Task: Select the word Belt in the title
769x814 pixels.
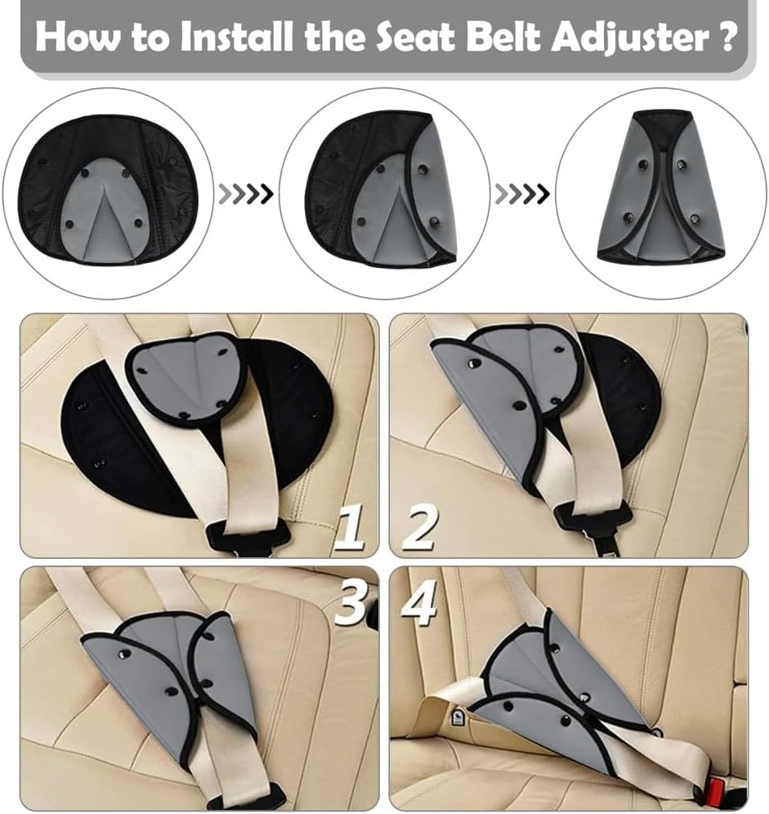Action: pos(488,38)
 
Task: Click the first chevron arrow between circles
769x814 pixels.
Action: pos(246,195)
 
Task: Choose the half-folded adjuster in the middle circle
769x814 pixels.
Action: pos(383,190)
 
